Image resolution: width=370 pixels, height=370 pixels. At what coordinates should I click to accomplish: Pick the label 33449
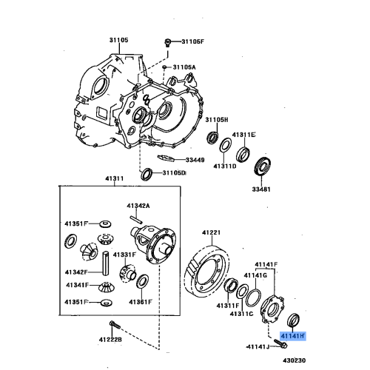[x=195, y=159]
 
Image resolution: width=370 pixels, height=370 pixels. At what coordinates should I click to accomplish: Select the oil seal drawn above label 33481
[x=262, y=167]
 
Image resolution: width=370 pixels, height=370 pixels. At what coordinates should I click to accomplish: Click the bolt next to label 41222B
[x=113, y=326]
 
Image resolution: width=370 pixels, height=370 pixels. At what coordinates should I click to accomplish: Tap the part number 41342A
[x=138, y=205]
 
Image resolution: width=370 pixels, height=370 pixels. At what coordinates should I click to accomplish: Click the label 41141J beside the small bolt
[x=258, y=346]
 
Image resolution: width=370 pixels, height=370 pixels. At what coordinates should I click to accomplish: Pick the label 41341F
[x=77, y=284]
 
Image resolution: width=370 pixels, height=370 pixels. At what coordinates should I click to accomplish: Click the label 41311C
[x=242, y=314]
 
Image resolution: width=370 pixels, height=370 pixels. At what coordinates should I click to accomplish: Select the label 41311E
[x=243, y=135]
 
